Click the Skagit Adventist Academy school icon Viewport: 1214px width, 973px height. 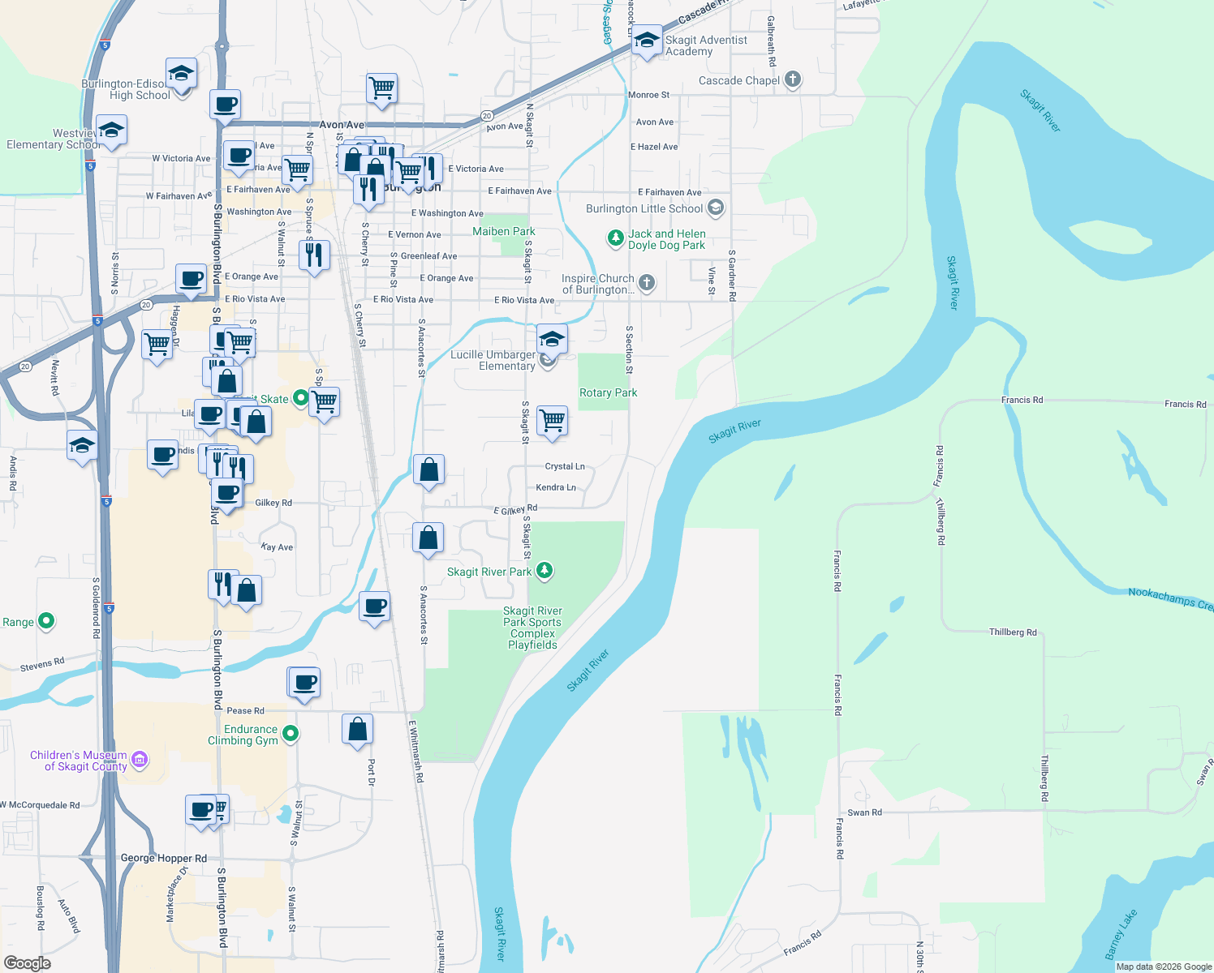647,41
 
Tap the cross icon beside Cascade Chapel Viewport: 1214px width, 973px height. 793,79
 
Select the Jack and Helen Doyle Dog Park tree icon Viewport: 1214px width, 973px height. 616,238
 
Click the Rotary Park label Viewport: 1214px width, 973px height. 608,392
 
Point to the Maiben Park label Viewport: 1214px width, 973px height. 504,231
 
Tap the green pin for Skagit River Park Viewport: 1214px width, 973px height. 545,571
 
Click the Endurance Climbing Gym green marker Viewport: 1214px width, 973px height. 291,734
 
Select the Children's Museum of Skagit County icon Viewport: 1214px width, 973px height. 140,760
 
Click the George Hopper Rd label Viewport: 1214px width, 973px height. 163,858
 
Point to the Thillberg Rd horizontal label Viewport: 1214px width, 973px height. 1013,632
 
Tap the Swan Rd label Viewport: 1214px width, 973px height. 864,812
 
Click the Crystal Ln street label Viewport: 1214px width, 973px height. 565,466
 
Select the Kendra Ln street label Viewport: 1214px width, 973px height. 556,487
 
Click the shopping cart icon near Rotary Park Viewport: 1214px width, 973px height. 552,421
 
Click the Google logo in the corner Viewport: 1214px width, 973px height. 28,963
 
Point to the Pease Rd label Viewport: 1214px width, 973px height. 245,710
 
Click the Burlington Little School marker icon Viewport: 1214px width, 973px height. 715,208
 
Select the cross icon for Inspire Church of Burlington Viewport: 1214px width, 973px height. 647,282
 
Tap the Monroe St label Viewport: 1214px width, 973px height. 648,95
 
